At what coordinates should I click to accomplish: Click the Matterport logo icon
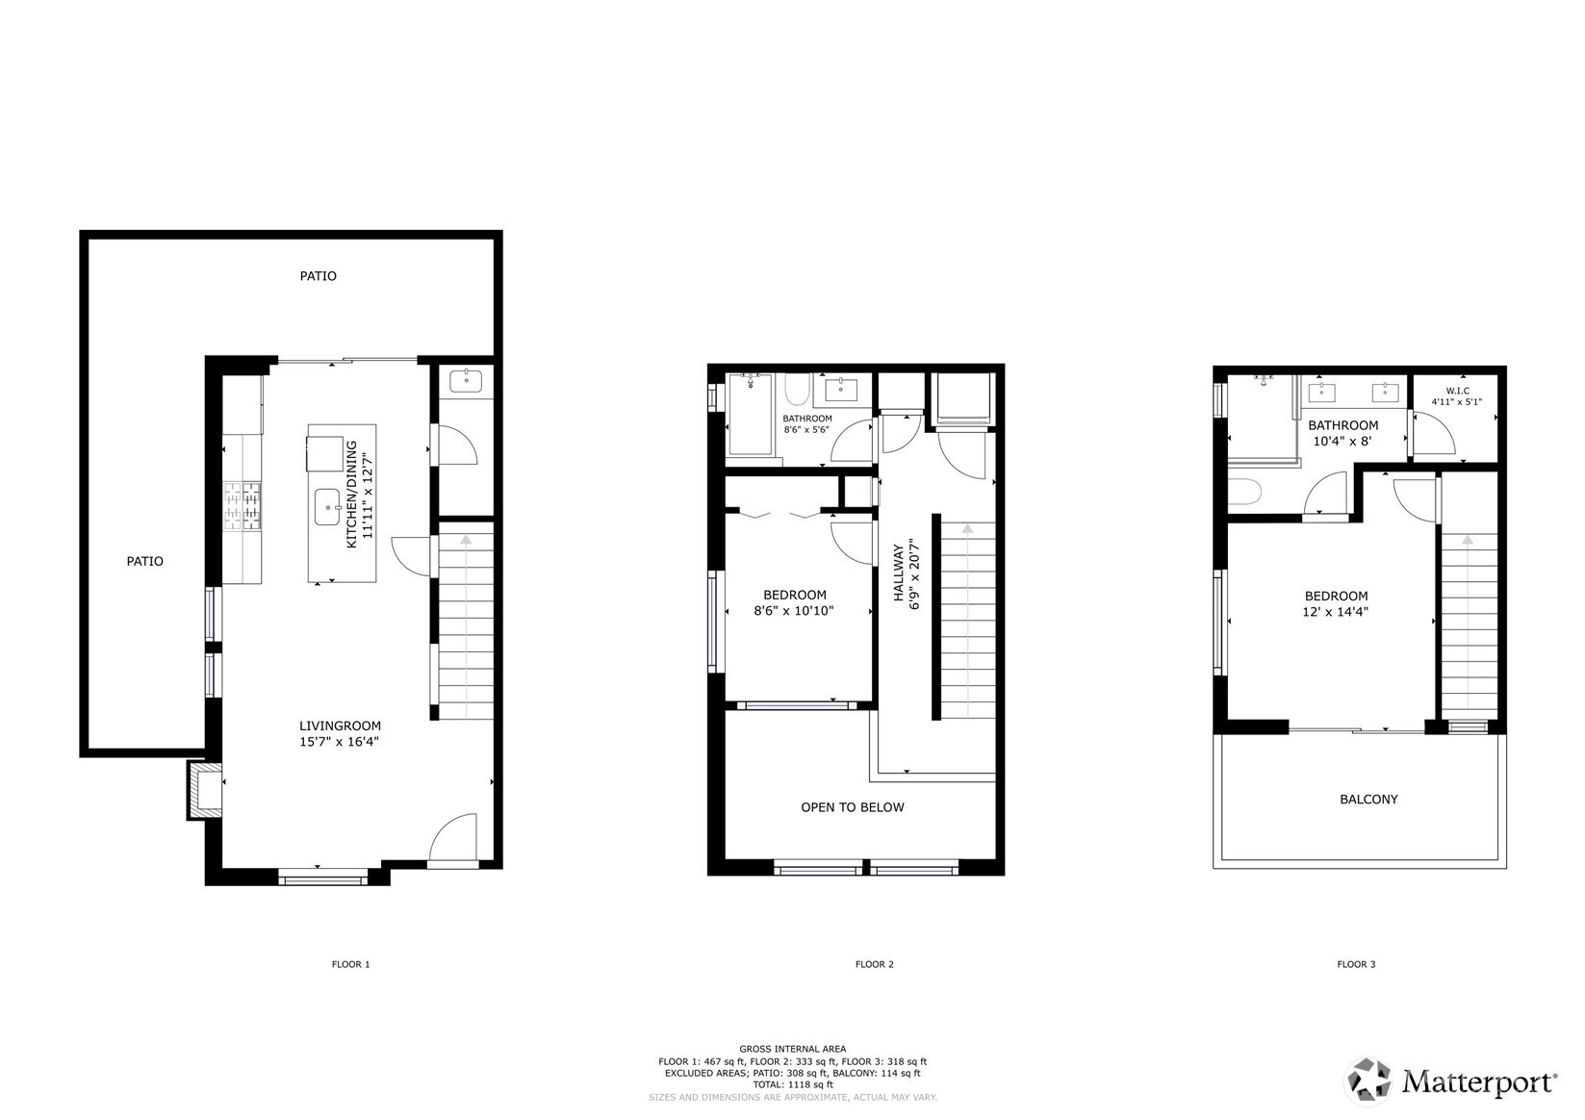[1368, 1080]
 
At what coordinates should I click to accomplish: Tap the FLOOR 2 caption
[875, 964]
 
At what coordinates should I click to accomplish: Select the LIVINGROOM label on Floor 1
[340, 726]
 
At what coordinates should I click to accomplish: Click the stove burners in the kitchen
[242, 506]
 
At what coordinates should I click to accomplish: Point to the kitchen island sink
[327, 506]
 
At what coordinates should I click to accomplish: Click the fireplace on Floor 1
[203, 791]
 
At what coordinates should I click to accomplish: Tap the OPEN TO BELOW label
[853, 807]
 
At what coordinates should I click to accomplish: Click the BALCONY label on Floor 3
[1368, 800]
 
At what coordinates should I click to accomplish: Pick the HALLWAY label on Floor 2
[899, 574]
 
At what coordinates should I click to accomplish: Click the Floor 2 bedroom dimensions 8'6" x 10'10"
[794, 610]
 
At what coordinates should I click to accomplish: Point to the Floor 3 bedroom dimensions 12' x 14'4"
[1336, 611]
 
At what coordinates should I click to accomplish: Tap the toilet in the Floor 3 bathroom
[1242, 492]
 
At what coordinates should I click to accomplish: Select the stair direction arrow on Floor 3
[1467, 542]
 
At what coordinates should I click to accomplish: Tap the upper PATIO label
[318, 276]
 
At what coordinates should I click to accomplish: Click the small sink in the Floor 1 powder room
[466, 380]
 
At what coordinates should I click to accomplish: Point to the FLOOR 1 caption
[350, 964]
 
